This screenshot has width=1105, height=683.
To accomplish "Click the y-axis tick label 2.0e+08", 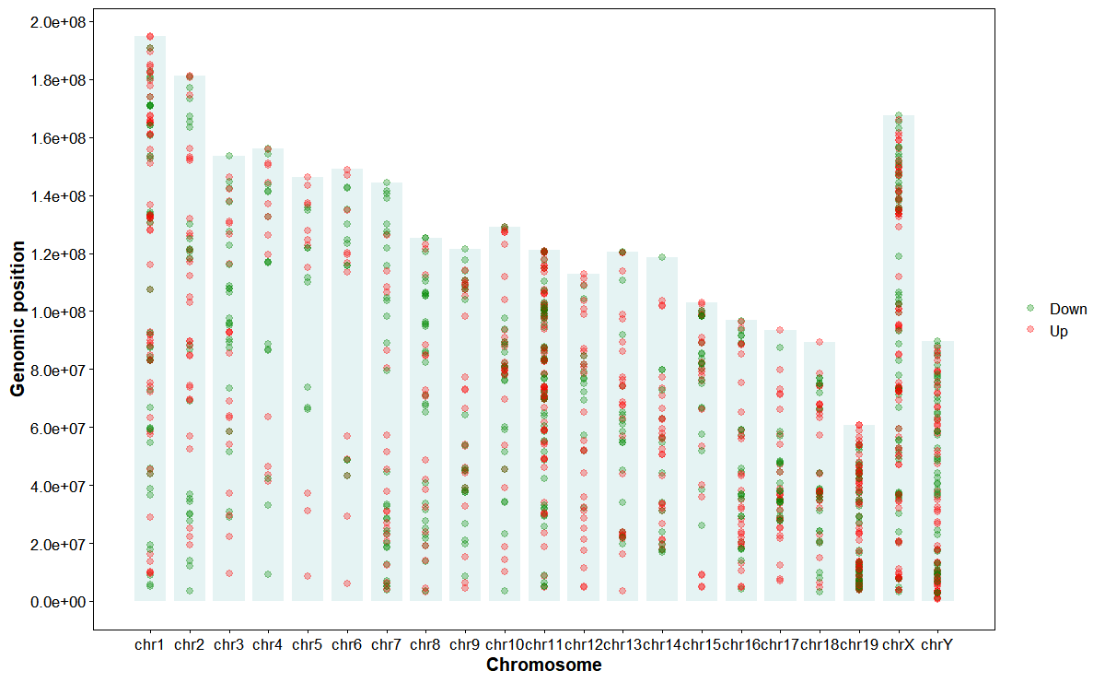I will coord(54,22).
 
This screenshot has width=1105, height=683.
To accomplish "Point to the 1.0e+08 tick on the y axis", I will coord(54,312).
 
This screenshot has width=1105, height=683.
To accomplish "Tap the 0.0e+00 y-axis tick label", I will coord(54,602).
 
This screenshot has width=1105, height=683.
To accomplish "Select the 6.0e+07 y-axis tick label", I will coord(54,429).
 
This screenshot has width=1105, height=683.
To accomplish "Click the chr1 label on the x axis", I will coord(149,645).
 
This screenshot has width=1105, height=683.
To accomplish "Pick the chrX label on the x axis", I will coord(898,645).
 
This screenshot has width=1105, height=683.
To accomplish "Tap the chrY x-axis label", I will coord(937,645).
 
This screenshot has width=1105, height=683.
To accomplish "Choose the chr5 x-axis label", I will coord(308,645).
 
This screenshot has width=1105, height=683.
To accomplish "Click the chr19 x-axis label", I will coord(858,645).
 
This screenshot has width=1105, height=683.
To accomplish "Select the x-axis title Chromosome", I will coord(543,665).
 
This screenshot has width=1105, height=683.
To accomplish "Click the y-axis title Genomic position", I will coord(18,317).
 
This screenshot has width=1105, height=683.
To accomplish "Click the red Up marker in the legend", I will coord(1030,330).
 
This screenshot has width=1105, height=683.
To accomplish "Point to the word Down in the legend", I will coord(1068,309).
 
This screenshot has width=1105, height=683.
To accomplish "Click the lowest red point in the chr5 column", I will coord(308,576).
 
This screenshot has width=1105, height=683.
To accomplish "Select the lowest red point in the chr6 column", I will coord(347,583).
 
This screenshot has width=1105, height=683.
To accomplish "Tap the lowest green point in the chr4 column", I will coord(268,574).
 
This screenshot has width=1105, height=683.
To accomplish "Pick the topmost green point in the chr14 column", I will coord(662,257).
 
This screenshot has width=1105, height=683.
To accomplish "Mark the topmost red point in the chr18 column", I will coord(820,342).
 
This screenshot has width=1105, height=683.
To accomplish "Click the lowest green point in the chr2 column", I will coord(189,591).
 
